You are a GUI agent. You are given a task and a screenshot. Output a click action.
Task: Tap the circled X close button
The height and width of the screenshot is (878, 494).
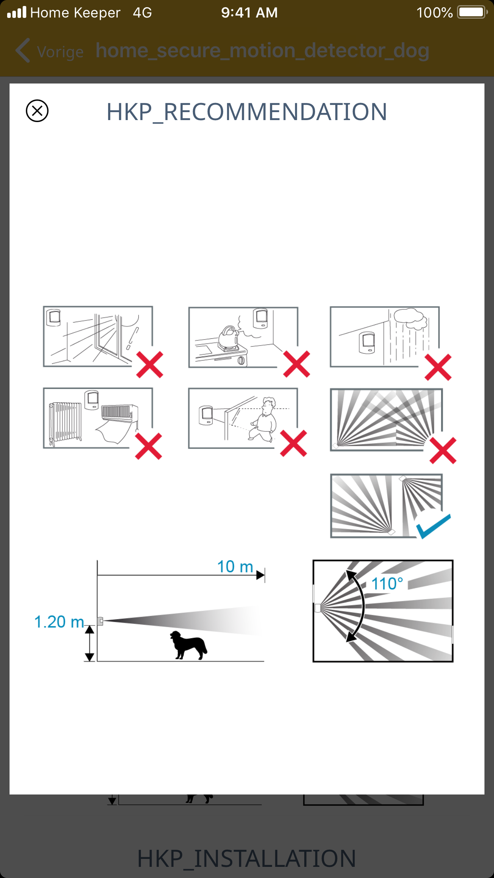pos(37,111)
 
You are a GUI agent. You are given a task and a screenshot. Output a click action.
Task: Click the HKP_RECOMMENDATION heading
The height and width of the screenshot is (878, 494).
pos(247,112)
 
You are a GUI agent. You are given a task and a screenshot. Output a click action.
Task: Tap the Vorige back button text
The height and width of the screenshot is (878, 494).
pos(60,52)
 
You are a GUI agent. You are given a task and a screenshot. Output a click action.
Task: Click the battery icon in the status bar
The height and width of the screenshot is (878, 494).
pos(472,12)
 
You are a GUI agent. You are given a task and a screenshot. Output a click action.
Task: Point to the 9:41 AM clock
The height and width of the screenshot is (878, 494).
pos(249,13)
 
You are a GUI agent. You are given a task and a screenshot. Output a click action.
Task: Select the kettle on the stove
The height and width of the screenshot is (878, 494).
pos(228,338)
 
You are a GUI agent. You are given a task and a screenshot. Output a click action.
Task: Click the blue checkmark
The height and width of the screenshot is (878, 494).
pos(433,526)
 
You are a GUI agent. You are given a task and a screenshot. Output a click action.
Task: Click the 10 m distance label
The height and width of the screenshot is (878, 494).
pos(235,566)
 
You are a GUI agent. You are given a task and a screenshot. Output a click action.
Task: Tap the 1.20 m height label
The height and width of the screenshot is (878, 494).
pos(59,622)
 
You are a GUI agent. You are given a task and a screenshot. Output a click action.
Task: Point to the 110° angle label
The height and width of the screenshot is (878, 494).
pos(387,584)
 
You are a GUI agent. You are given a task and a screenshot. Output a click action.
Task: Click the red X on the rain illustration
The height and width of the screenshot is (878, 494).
pos(438,367)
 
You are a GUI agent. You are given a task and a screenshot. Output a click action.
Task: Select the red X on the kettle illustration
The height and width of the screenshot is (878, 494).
pos(296,364)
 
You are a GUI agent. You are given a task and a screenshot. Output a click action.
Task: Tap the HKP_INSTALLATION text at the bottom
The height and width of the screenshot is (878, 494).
pos(247,858)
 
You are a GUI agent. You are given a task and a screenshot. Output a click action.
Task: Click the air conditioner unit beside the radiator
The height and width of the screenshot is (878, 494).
pos(119,413)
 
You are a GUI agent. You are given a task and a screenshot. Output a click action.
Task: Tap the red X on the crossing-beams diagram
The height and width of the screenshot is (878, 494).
pos(443,451)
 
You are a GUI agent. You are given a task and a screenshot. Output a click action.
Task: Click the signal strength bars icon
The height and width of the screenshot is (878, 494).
pos(17,12)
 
